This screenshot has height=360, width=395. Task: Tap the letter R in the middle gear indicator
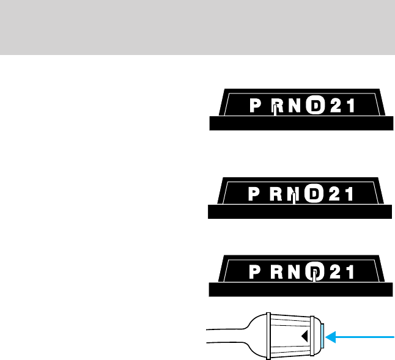(276, 194)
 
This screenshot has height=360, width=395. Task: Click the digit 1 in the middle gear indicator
(349, 194)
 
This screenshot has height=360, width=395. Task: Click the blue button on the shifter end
(321, 335)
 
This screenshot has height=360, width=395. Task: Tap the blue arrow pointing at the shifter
(361, 335)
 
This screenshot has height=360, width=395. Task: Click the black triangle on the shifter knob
(303, 335)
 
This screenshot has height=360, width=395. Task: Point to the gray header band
(197, 27)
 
